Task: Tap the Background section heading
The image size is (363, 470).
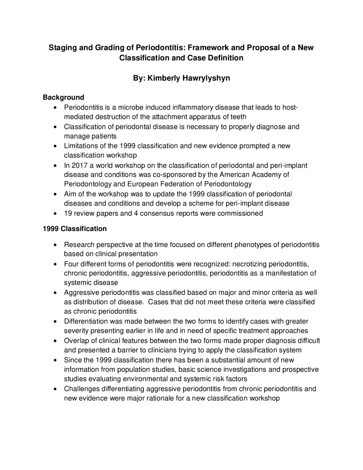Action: [x=64, y=97]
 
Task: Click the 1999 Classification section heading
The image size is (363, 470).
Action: [x=75, y=229]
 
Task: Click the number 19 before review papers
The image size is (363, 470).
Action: [x=68, y=213]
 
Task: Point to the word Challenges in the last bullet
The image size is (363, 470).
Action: [x=80, y=389]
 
